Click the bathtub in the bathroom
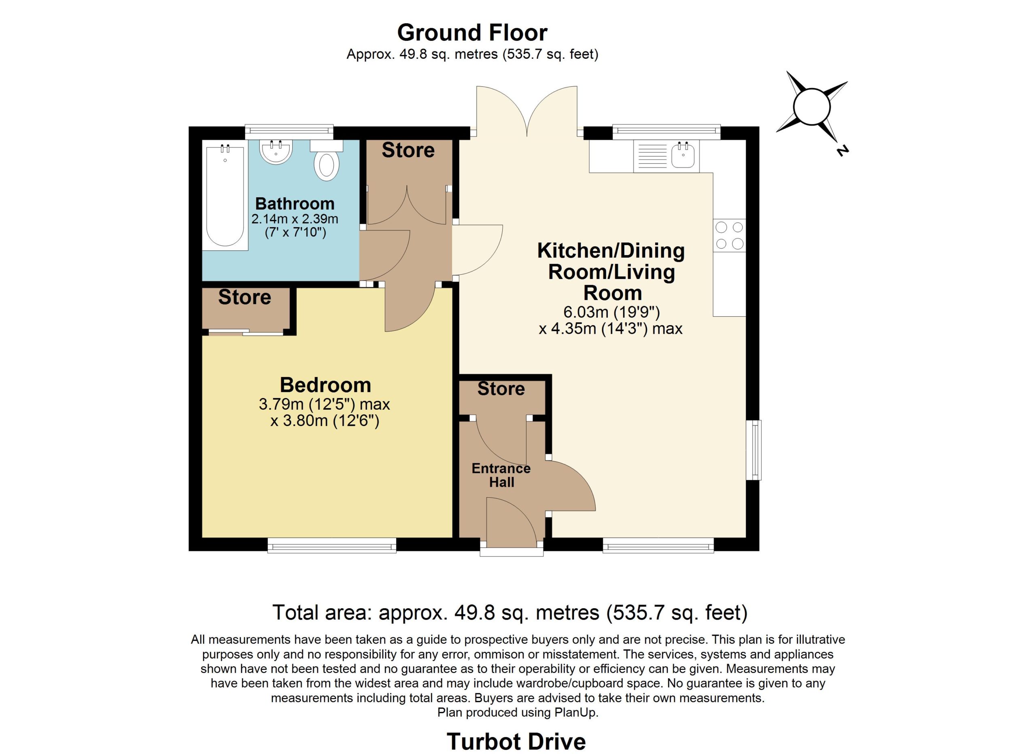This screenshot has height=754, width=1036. pos(225,195)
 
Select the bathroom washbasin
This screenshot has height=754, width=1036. pos(276,152)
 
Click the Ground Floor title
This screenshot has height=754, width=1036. pos(472,32)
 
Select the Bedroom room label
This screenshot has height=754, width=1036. pos(325,385)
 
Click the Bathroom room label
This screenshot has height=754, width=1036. pos(295,203)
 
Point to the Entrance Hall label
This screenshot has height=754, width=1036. pos(501,475)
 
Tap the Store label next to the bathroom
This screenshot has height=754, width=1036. pos(408,150)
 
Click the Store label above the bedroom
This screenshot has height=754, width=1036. pos(244,297)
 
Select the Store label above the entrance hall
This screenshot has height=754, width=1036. pos(501,389)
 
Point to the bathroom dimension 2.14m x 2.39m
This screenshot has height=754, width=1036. pos(295,219)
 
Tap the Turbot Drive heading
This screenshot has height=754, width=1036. pos(516,741)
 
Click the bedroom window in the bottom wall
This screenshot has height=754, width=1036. pos(331,545)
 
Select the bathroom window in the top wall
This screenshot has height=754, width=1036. pos(289,132)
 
